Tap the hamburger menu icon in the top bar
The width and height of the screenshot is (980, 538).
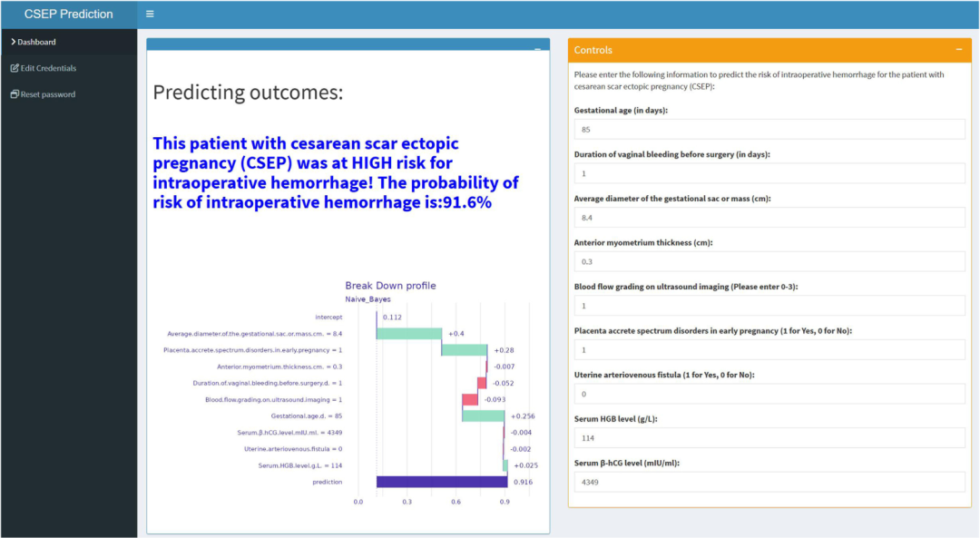(150, 14)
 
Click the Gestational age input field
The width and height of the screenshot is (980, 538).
(769, 130)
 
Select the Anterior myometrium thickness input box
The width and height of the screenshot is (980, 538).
(769, 262)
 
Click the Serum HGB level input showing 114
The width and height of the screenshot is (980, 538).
(769, 438)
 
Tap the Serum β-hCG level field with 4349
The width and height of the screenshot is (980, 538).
(769, 483)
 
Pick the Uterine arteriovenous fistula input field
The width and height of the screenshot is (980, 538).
(769, 394)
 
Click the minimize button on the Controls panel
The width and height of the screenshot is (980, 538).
(959, 49)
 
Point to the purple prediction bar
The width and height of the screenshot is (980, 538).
(442, 482)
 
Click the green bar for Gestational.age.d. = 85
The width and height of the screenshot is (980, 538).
(483, 416)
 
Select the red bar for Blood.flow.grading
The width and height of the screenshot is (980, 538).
(470, 399)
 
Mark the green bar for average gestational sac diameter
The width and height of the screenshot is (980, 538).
(408, 334)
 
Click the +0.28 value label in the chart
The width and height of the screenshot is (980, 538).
(504, 350)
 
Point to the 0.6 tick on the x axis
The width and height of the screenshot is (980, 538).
(456, 502)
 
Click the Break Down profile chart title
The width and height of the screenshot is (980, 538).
(390, 286)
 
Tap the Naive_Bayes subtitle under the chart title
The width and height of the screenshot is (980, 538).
(367, 299)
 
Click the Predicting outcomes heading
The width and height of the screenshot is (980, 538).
(248, 93)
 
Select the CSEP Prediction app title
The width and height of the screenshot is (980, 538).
(69, 14)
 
